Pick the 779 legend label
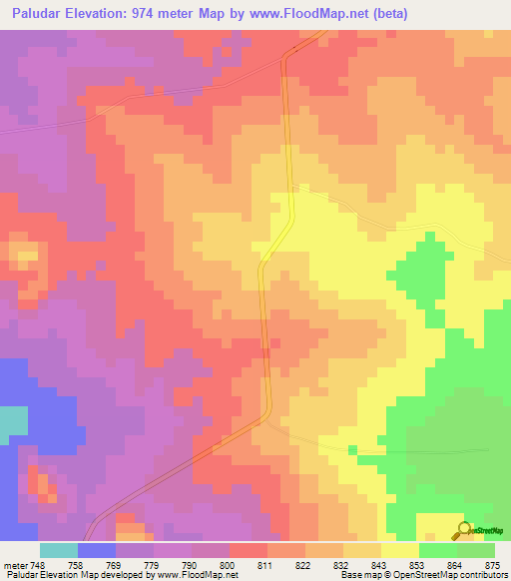(152, 565)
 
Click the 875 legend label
(490, 565)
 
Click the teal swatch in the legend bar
(58, 550)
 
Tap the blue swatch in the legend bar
(96, 550)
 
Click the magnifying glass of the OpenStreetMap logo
(462, 529)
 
